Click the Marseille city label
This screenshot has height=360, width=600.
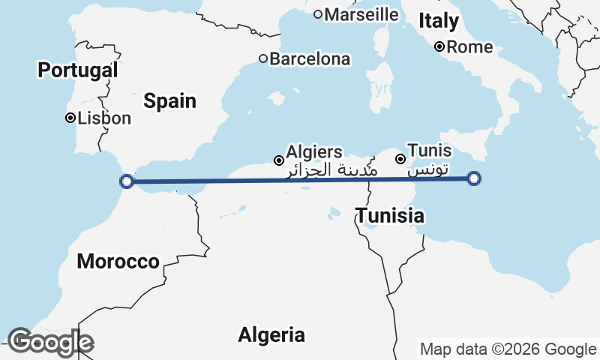[x=362, y=14]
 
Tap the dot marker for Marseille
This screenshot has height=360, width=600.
[x=318, y=14]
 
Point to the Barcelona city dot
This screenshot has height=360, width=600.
[x=263, y=58]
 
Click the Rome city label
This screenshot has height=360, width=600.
[x=469, y=47]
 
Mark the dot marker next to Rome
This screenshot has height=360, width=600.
[x=440, y=47]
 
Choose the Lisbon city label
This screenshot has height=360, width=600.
[x=104, y=118]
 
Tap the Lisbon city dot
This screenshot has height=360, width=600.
[x=70, y=118]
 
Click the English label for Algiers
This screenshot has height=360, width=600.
[x=314, y=152]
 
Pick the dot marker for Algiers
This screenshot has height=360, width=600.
[x=279, y=160]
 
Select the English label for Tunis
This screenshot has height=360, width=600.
[x=429, y=151]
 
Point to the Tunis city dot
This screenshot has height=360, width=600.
[x=400, y=159]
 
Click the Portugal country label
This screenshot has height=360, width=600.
[x=78, y=70]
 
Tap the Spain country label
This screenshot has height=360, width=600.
[x=170, y=101]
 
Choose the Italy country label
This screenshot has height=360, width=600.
[x=438, y=21]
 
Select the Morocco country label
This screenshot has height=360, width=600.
[x=118, y=262]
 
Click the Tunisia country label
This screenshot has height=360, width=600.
[x=390, y=217]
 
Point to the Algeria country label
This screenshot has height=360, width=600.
[x=271, y=335]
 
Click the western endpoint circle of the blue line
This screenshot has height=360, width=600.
[x=127, y=181]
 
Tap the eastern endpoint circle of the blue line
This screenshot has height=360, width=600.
[x=474, y=178]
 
